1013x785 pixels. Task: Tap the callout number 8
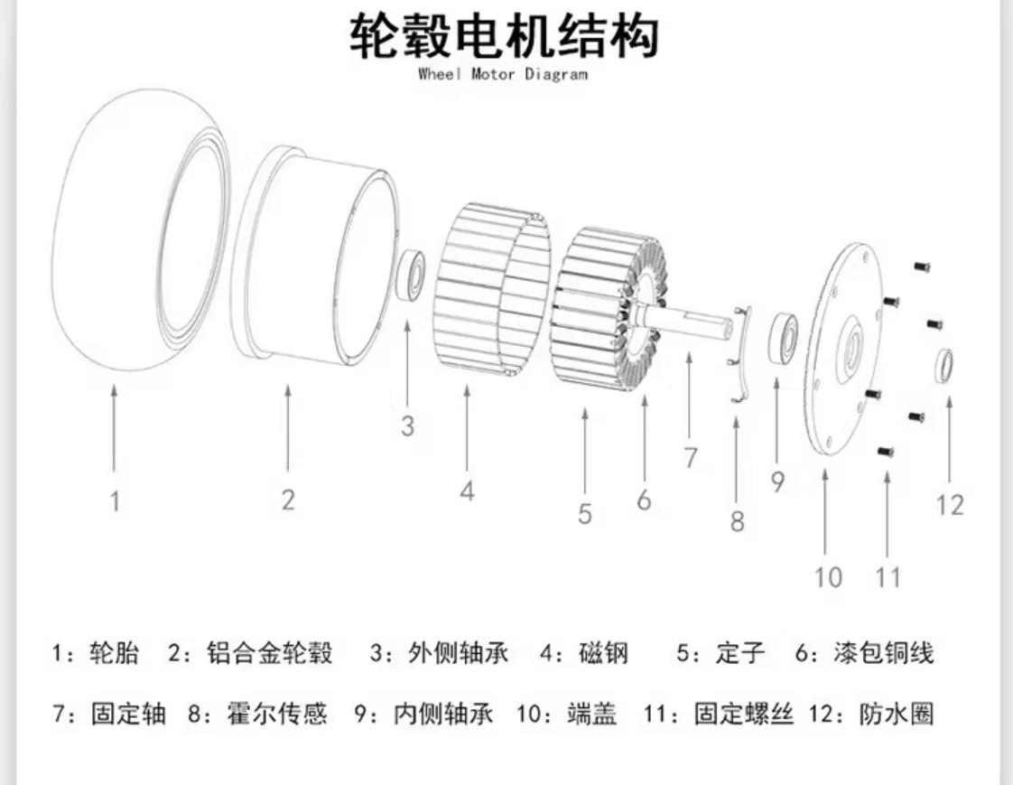[x=738, y=521]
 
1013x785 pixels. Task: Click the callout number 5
[x=585, y=514]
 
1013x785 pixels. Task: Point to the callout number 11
[x=888, y=575]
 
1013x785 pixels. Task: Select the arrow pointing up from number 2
[x=288, y=428]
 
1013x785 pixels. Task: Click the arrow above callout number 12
[x=949, y=434]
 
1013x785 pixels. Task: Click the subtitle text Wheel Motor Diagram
[x=503, y=74]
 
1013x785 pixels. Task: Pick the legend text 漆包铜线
[x=884, y=653]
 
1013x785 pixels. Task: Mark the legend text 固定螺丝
[x=743, y=715]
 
